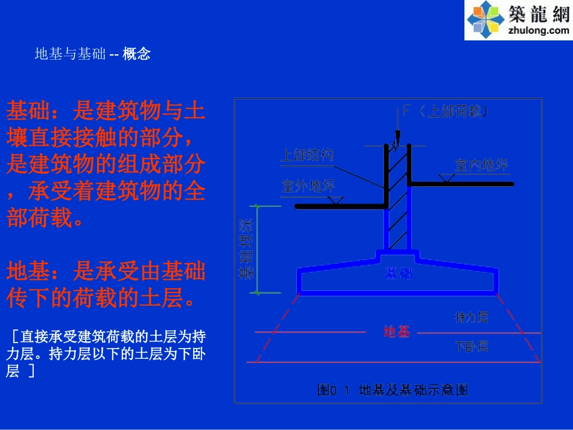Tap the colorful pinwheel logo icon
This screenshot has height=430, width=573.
click(486, 20)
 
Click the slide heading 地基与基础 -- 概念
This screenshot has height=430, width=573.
click(92, 54)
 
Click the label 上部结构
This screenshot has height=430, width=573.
click(306, 155)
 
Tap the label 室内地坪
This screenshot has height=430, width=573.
click(481, 164)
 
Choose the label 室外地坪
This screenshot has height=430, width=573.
click(308, 186)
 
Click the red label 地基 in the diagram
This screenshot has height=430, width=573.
click(397, 331)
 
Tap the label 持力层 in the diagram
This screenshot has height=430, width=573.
click(471, 317)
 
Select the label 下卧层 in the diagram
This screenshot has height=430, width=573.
click(471, 346)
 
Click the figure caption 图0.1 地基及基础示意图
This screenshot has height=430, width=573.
click(393, 390)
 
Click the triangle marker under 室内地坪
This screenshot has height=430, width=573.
click(447, 178)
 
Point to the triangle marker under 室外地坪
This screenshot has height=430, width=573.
click(338, 200)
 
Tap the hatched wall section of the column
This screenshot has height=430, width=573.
click(397, 199)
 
